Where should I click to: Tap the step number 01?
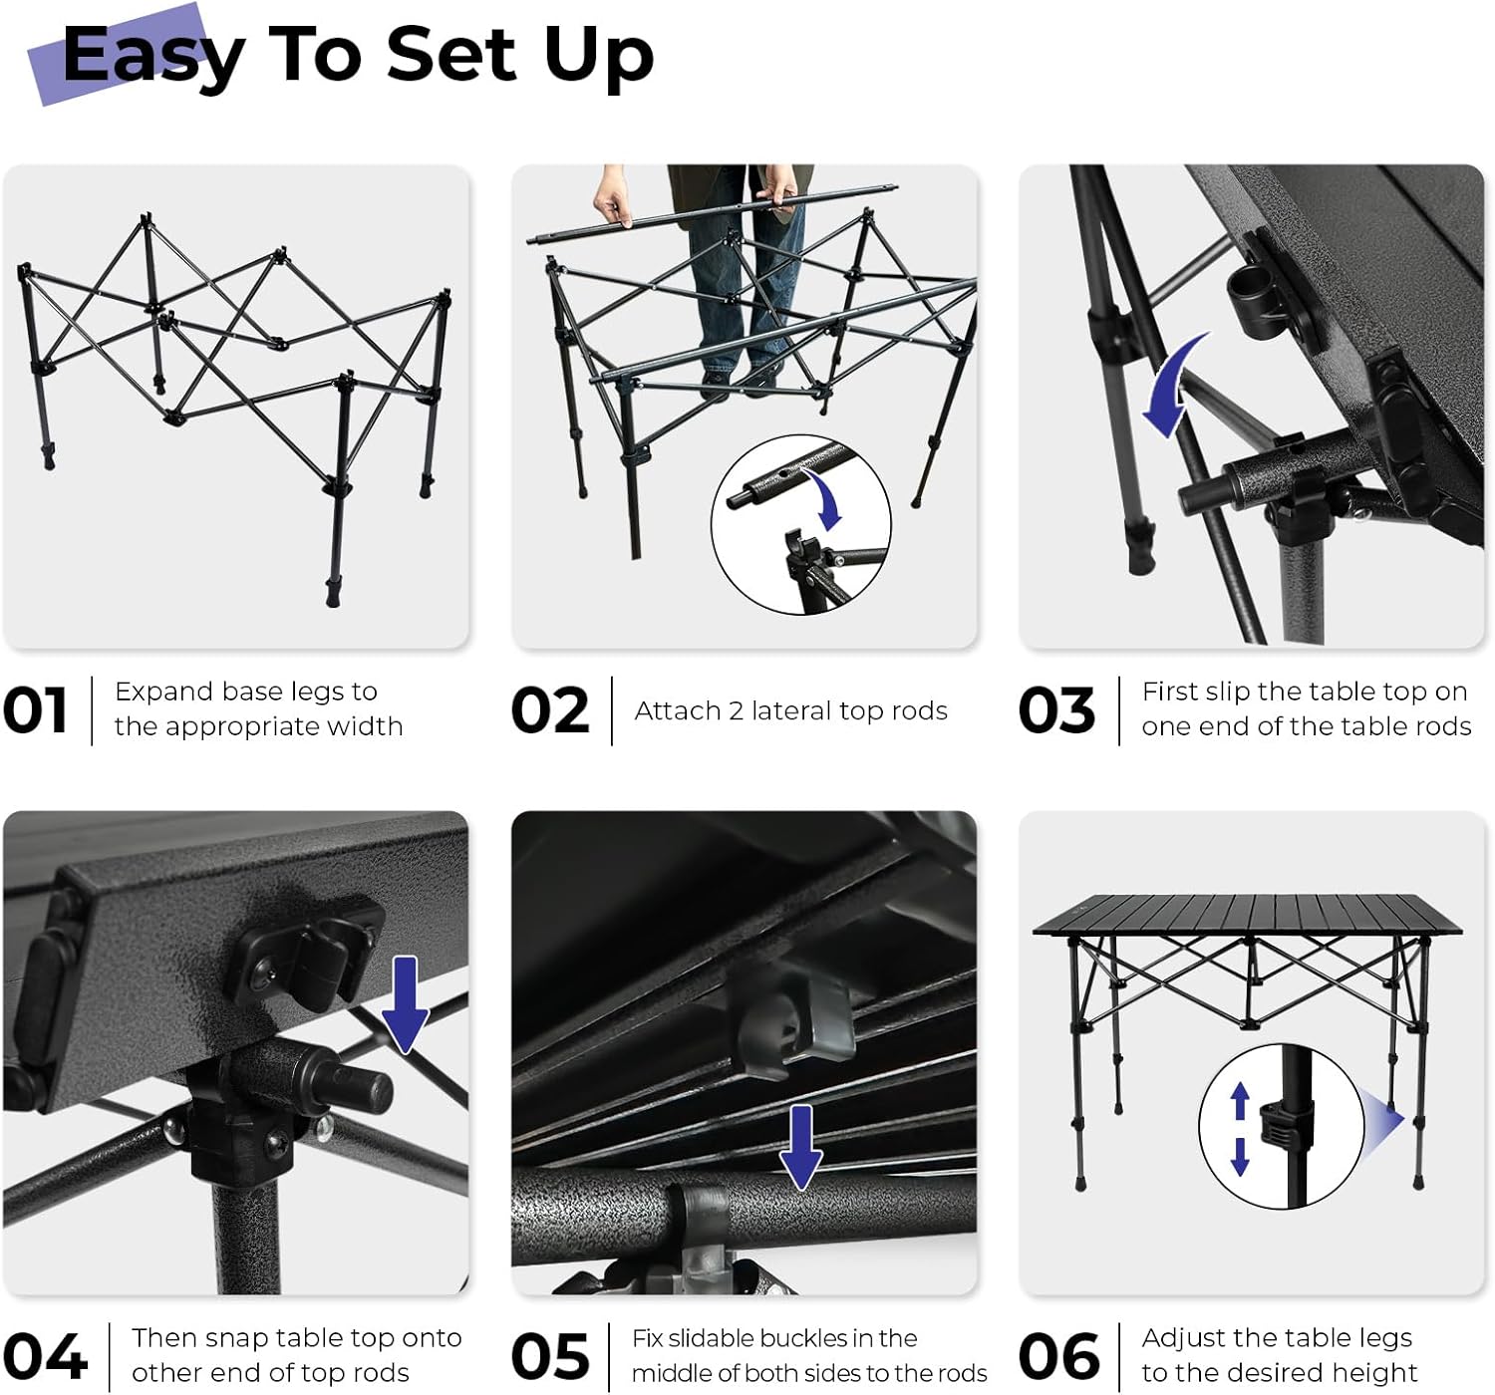(x=35, y=709)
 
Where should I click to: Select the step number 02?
(x=549, y=709)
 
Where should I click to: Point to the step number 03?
(x=1056, y=709)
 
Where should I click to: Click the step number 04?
(x=45, y=1356)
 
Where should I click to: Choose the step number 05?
(x=549, y=1356)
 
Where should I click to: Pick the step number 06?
(x=1058, y=1356)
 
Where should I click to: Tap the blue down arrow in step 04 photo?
(x=405, y=1004)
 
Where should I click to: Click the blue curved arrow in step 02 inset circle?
(x=826, y=495)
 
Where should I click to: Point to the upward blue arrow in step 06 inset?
(x=1240, y=1101)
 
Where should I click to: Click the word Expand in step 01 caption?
(x=162, y=693)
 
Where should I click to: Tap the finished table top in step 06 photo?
(x=1248, y=915)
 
